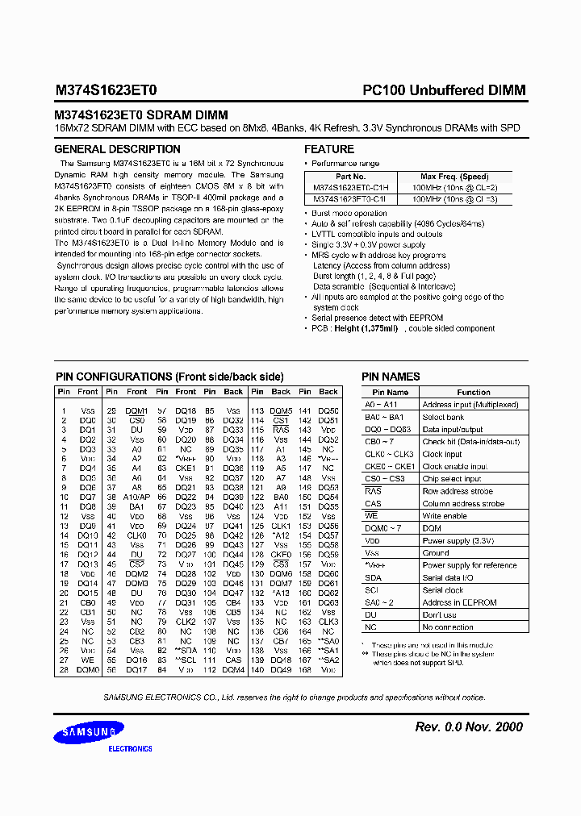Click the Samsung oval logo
[89, 732]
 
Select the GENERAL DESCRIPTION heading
[117, 149]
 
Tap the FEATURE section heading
[328, 149]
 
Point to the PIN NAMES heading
[391, 377]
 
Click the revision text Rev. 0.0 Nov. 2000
[468, 726]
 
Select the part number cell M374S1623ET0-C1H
[350, 186]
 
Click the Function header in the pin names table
[473, 392]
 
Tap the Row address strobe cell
[458, 491]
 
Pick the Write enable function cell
[445, 516]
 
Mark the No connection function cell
[448, 627]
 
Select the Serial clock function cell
[443, 590]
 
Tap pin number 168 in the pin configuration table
[304, 669]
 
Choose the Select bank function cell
[444, 417]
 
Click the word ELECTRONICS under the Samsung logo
[130, 748]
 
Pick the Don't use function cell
[441, 614]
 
